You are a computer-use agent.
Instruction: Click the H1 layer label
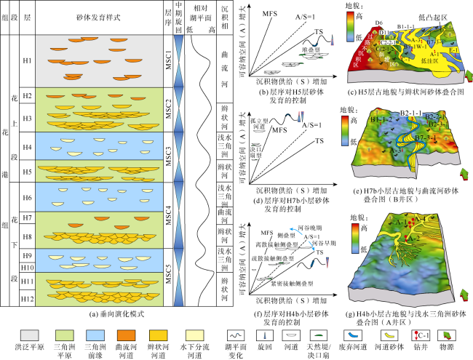pos(28,60)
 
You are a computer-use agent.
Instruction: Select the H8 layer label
pos(28,236)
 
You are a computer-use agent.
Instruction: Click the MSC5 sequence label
pos(168,277)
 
